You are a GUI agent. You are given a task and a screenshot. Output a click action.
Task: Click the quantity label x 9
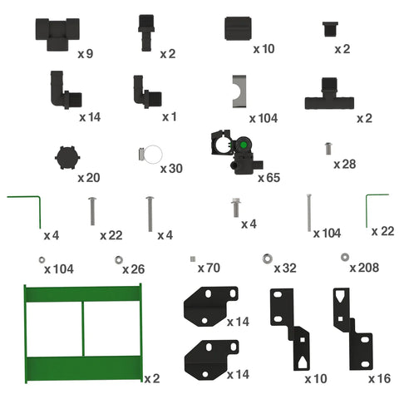point(86,54)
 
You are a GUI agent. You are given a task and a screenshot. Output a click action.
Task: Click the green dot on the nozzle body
point(244,145)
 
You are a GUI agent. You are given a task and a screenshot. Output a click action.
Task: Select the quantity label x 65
point(268,178)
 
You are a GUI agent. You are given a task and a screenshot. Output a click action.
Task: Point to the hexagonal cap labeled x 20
point(67,157)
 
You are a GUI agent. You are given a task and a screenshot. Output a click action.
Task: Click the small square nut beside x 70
point(193,259)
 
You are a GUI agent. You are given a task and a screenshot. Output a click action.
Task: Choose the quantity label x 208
point(364,268)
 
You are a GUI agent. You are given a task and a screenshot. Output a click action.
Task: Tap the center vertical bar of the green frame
point(82,328)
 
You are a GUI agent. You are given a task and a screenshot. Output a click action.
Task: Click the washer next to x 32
point(267,259)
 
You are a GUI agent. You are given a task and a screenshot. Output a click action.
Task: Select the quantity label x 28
point(345,165)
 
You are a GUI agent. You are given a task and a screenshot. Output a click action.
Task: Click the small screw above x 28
point(328,149)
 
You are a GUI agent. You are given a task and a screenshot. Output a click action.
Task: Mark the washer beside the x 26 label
point(119,260)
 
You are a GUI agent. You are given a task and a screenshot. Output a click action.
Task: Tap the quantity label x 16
point(380,379)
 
